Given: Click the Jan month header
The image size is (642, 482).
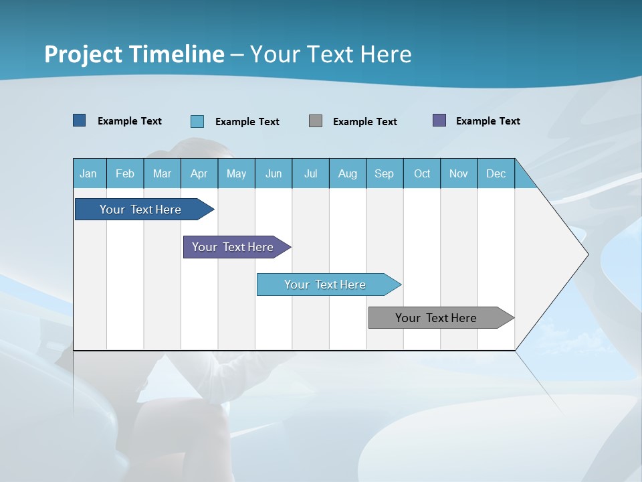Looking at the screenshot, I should pyautogui.click(x=89, y=173).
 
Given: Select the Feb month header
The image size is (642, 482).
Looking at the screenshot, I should pyautogui.click(x=125, y=173).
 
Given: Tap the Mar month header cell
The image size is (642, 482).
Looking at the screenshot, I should pyautogui.click(x=162, y=173).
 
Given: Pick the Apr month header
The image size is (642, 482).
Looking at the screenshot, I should pyautogui.click(x=199, y=173).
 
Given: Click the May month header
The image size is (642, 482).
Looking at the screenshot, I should pyautogui.click(x=236, y=173).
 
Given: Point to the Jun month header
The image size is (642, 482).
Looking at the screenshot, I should pyautogui.click(x=274, y=173).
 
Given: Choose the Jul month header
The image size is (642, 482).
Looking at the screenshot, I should pyautogui.click(x=310, y=173).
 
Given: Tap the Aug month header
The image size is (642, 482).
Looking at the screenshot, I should pyautogui.click(x=348, y=173).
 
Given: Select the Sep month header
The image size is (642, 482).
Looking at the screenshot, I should pyautogui.click(x=385, y=173).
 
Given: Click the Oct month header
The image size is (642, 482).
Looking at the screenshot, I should pyautogui.click(x=422, y=173).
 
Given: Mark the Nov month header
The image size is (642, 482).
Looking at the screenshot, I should pyautogui.click(x=459, y=173).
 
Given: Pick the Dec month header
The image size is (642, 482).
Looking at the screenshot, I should pyautogui.click(x=496, y=173).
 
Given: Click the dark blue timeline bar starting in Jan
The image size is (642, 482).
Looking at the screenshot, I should pyautogui.click(x=141, y=210).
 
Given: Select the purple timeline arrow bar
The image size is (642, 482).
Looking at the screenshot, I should pyautogui.click(x=233, y=247).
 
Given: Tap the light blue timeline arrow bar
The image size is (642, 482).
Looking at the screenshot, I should pyautogui.click(x=326, y=285).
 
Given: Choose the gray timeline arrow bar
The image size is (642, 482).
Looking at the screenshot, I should pyautogui.click(x=437, y=318).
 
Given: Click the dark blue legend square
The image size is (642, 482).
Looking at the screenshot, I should pyautogui.click(x=80, y=120).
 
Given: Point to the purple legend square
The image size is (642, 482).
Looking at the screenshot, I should pyautogui.click(x=439, y=120).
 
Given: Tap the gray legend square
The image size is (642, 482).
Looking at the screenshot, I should pyautogui.click(x=316, y=120).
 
